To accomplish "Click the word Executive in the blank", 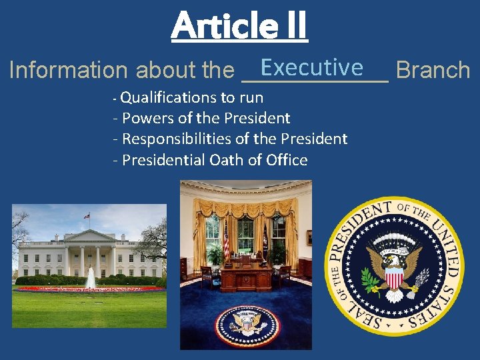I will (x=312, y=67).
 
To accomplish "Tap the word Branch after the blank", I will (x=433, y=70).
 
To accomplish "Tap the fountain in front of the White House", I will (x=91, y=278).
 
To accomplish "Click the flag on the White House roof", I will (x=87, y=217).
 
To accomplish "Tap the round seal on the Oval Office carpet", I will (x=248, y=324).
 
